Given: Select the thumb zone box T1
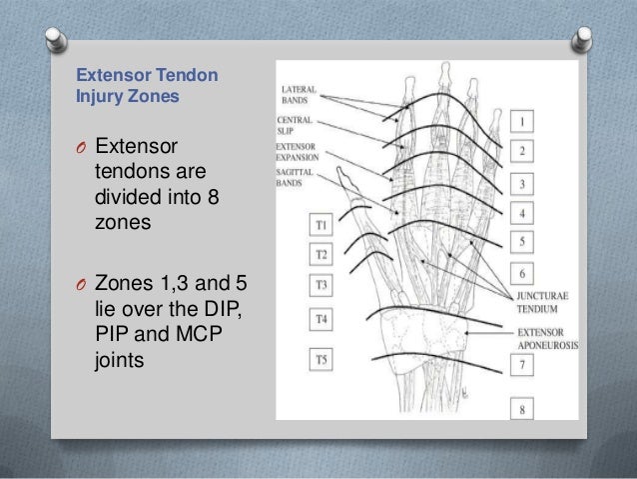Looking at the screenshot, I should (320, 226).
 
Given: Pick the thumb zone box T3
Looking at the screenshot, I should (320, 284).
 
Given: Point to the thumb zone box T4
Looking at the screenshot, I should (320, 319).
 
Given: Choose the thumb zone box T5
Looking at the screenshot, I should (320, 358).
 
